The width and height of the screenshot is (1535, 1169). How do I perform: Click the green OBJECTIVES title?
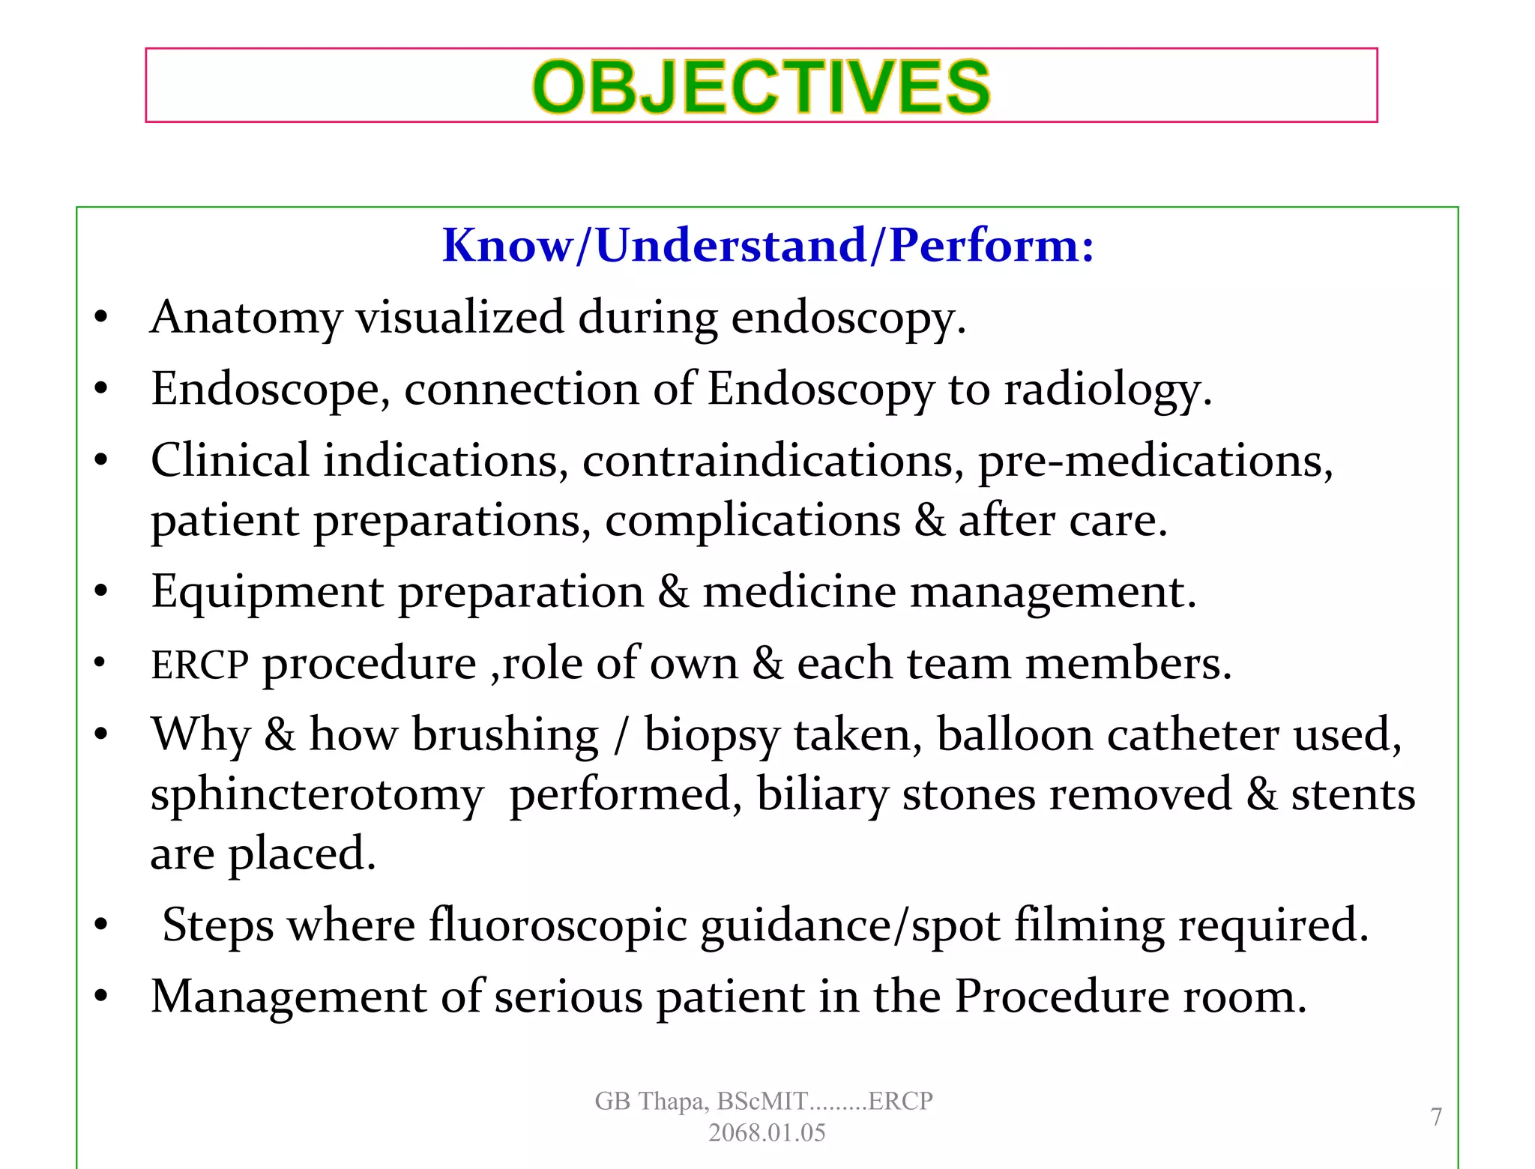pos(761,87)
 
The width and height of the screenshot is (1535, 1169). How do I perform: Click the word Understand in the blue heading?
pos(731,245)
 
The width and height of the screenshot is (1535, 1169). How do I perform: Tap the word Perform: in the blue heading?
pos(992,245)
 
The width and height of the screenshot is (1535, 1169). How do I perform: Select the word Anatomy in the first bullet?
pos(245,317)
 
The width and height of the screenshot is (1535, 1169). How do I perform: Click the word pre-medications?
pos(1154,460)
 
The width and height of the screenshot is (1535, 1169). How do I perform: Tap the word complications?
pos(753,520)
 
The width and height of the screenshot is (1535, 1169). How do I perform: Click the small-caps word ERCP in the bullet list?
pos(199,665)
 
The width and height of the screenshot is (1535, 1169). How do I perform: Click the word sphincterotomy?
pos(317,794)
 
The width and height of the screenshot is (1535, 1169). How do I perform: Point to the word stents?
pos(1353,794)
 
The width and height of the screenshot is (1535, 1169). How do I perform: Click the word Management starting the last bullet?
pos(289,997)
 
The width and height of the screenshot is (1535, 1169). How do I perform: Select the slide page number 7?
pos(1436,1117)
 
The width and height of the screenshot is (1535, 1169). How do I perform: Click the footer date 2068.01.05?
pos(767,1132)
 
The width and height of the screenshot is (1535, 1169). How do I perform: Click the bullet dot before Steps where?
pos(101,926)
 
